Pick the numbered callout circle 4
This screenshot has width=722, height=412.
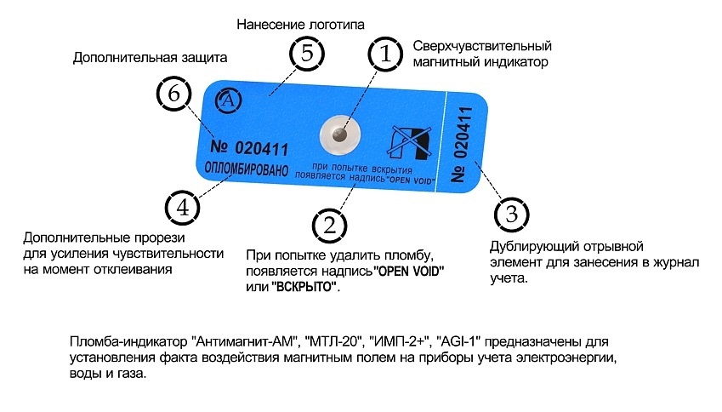point(181,206)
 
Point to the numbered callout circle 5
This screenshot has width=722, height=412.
point(307,54)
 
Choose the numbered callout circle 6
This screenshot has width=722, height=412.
point(173,93)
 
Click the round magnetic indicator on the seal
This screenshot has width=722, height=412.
point(338,134)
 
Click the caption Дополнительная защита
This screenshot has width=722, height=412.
point(150,59)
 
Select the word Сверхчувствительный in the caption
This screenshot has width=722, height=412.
point(482,46)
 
